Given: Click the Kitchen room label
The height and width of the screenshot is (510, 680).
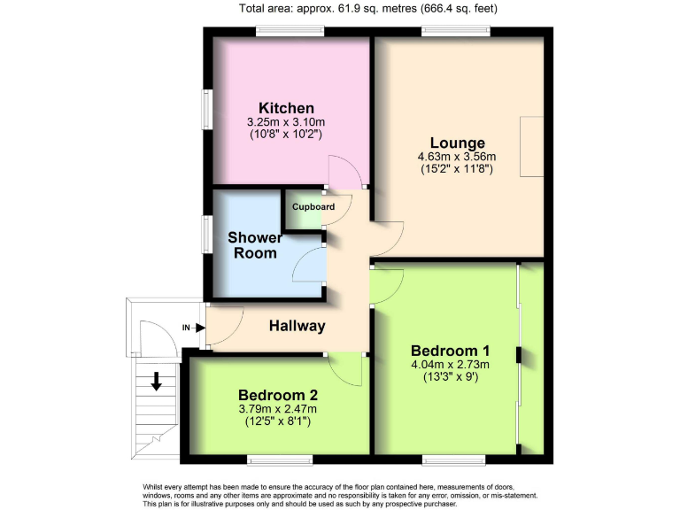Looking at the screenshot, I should tap(286, 107).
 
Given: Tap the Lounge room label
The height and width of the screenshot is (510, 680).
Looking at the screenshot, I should tap(457, 143).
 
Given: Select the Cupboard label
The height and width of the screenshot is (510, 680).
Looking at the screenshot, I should tap(314, 207).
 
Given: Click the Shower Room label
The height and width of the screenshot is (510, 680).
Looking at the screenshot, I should tap(255, 245).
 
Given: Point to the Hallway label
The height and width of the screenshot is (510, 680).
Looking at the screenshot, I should tap(297, 326).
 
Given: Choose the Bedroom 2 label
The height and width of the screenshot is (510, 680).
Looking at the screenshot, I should tap(278, 395).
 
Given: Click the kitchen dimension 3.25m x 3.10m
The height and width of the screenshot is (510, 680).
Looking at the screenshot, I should tap(286, 122).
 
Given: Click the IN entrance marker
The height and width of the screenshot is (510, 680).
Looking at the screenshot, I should tap(188, 328).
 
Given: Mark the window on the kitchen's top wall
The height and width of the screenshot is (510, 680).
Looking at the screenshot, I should tap(290, 32).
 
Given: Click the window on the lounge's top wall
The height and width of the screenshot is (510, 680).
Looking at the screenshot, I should tap(457, 32).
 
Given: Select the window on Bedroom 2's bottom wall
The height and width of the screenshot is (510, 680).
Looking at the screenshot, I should tap(280, 460).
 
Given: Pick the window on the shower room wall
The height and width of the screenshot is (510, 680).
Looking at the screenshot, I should tap(206, 235).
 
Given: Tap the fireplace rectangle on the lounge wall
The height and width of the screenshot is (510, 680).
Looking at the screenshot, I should tap(531, 147).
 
